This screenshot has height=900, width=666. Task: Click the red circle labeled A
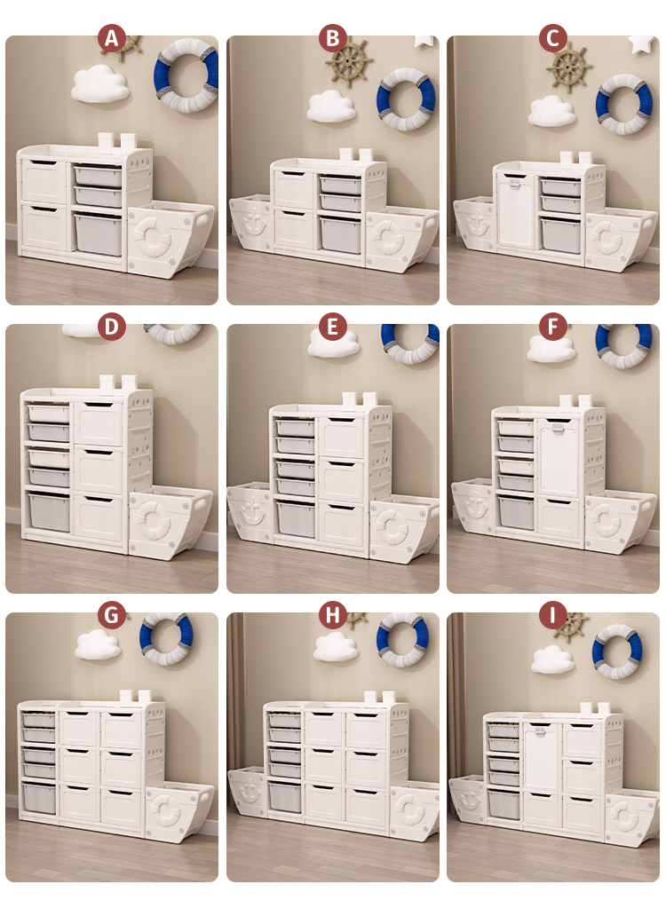[111, 38]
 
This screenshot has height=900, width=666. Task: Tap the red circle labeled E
[332, 327]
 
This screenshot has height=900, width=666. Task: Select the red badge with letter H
[332, 615]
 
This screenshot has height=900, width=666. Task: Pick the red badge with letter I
[552, 615]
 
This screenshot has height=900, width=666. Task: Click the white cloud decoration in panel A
[99, 83]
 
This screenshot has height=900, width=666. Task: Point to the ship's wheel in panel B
[350, 61]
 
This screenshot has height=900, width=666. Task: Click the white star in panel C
[642, 43]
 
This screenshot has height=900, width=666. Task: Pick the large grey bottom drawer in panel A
[99, 234]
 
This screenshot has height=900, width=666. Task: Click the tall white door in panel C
[516, 212]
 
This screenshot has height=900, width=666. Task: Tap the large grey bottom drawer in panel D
[50, 511]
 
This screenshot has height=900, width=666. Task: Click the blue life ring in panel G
[167, 638]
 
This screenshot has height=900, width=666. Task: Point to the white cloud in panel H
[336, 646]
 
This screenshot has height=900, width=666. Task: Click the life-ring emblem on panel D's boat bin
[154, 519]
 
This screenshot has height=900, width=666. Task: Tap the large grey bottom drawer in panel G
[40, 799]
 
